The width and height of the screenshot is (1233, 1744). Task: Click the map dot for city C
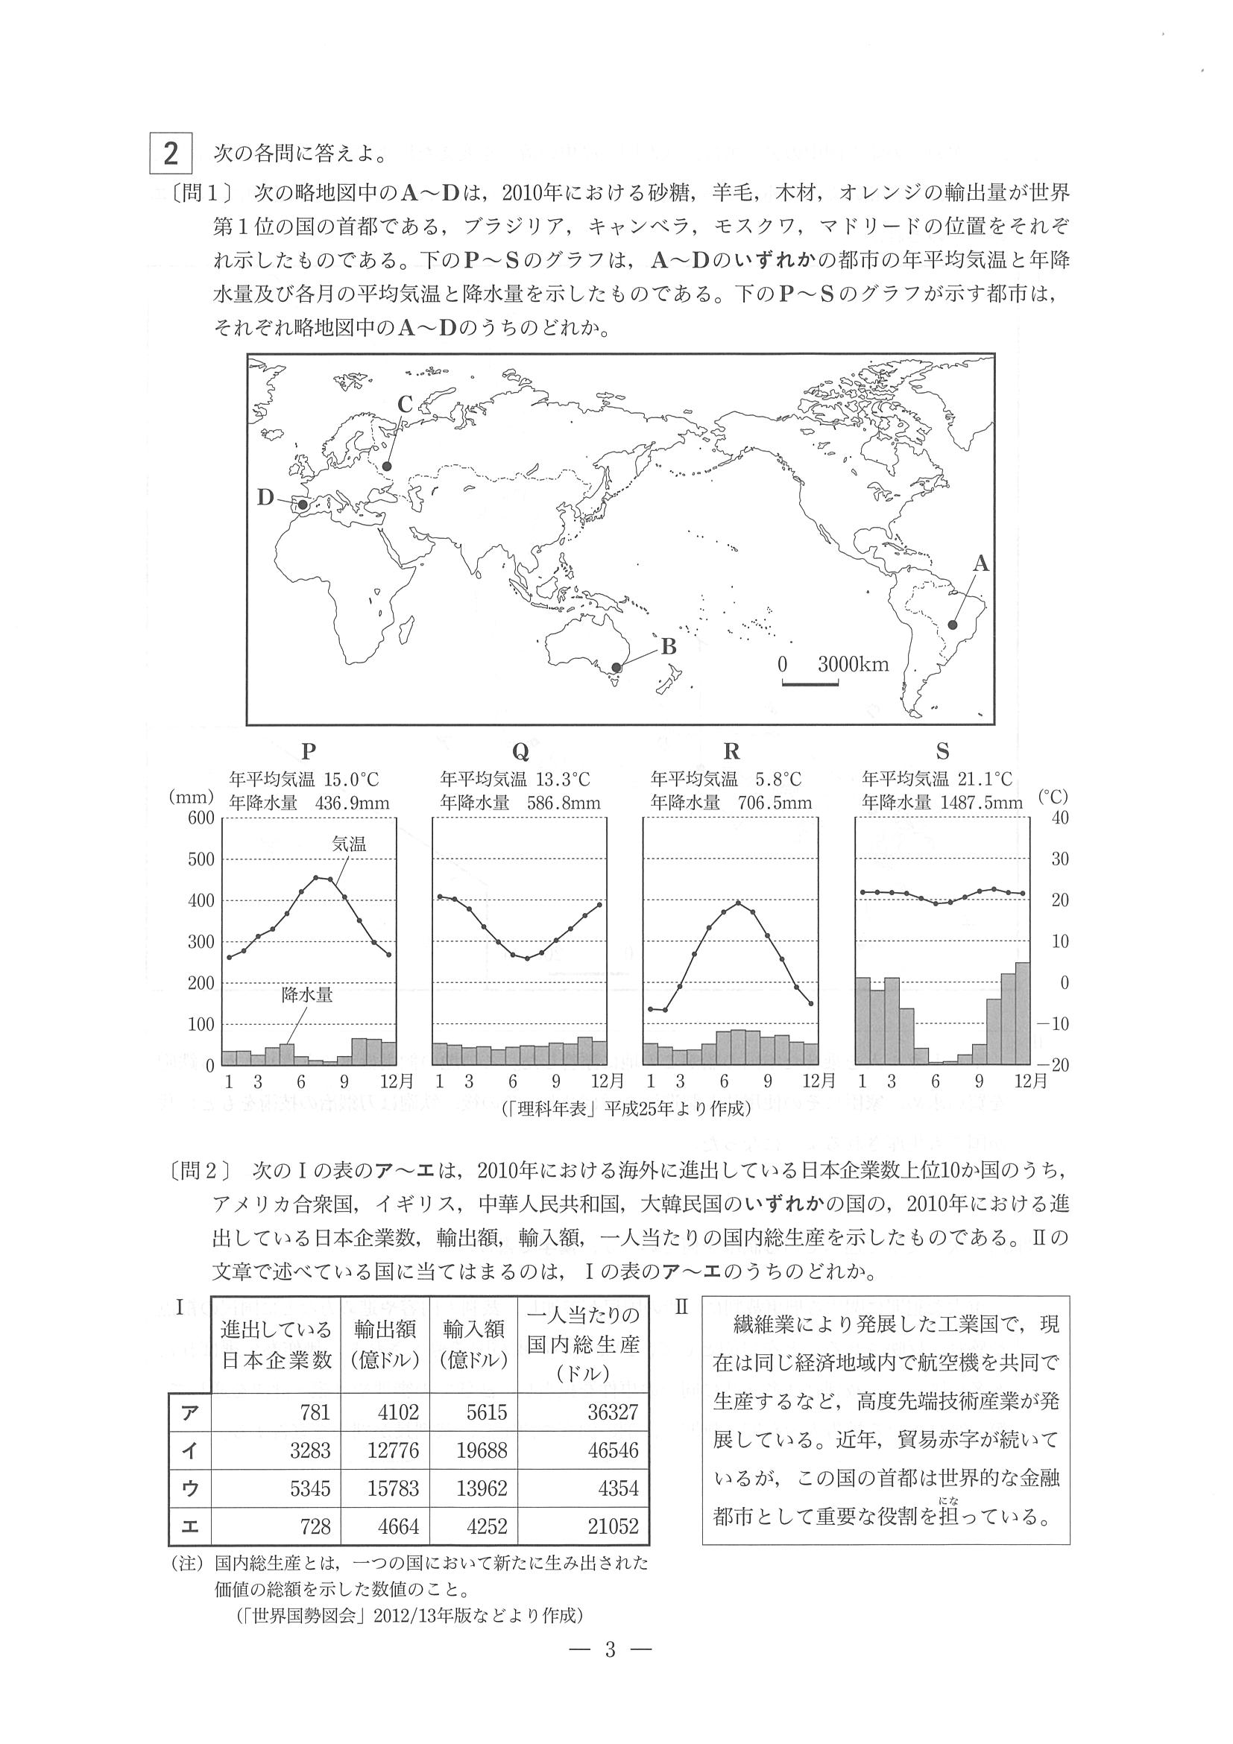(388, 467)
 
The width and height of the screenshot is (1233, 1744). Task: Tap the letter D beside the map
(265, 498)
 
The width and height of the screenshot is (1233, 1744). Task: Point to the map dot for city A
(953, 625)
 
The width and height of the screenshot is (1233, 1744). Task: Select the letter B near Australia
(669, 646)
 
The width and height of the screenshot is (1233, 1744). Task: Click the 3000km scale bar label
(853, 665)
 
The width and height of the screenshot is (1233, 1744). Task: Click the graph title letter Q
(520, 751)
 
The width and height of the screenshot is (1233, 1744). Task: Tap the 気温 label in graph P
(350, 843)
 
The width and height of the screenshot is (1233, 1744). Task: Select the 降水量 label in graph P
(308, 995)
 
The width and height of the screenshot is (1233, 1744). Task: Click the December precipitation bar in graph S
(1023, 1014)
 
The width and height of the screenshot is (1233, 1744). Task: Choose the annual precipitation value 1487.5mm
(986, 803)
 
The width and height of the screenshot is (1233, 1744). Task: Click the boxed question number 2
(171, 154)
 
